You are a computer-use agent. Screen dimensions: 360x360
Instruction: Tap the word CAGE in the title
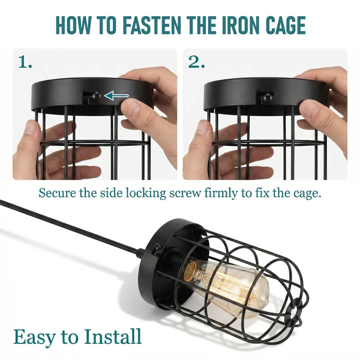pyautogui.click(x=286, y=25)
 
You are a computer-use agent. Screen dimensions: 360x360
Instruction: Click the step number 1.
pyautogui.click(x=25, y=62)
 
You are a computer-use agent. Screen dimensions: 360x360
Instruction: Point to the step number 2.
pyautogui.click(x=196, y=62)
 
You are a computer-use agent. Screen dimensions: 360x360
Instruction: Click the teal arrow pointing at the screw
pyautogui.click(x=117, y=95)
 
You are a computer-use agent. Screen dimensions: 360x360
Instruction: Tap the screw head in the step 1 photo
pyautogui.click(x=97, y=95)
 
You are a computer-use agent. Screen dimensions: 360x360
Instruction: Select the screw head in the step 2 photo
pyautogui.click(x=268, y=98)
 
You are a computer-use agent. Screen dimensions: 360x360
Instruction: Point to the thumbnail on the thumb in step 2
pyautogui.click(x=310, y=108)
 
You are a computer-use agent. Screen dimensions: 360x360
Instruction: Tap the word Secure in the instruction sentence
pyautogui.click(x=57, y=193)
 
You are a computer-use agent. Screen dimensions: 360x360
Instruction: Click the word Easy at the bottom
pyautogui.click(x=34, y=337)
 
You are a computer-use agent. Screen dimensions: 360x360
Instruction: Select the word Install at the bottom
pyautogui.click(x=112, y=336)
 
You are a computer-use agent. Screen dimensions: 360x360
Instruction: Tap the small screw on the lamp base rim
pyautogui.click(x=157, y=246)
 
